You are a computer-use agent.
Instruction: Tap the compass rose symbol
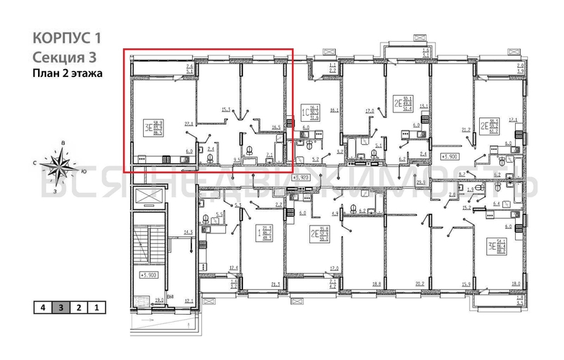coord(58,168)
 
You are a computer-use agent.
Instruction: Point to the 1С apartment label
coord(305,112)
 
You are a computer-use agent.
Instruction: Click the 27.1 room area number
coord(189,125)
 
